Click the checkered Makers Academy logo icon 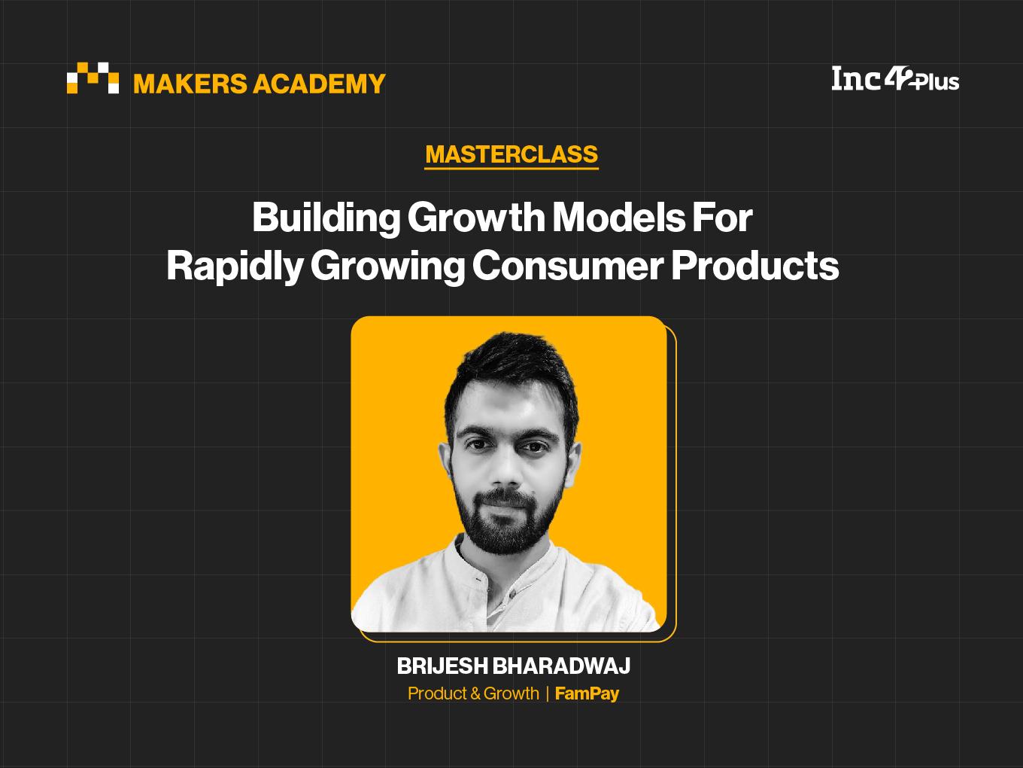pyautogui.click(x=93, y=78)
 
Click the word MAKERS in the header pyautogui.click(x=190, y=84)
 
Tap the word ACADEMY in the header pyautogui.click(x=319, y=84)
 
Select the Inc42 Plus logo pyautogui.click(x=895, y=79)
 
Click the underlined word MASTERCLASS pyautogui.click(x=511, y=154)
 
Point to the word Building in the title pyautogui.click(x=326, y=218)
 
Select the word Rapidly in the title pyautogui.click(x=235, y=267)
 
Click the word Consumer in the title pyautogui.click(x=568, y=267)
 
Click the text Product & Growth pyautogui.click(x=473, y=693)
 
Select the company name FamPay pyautogui.click(x=587, y=694)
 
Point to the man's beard pyautogui.click(x=505, y=517)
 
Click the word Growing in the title pyautogui.click(x=387, y=267)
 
